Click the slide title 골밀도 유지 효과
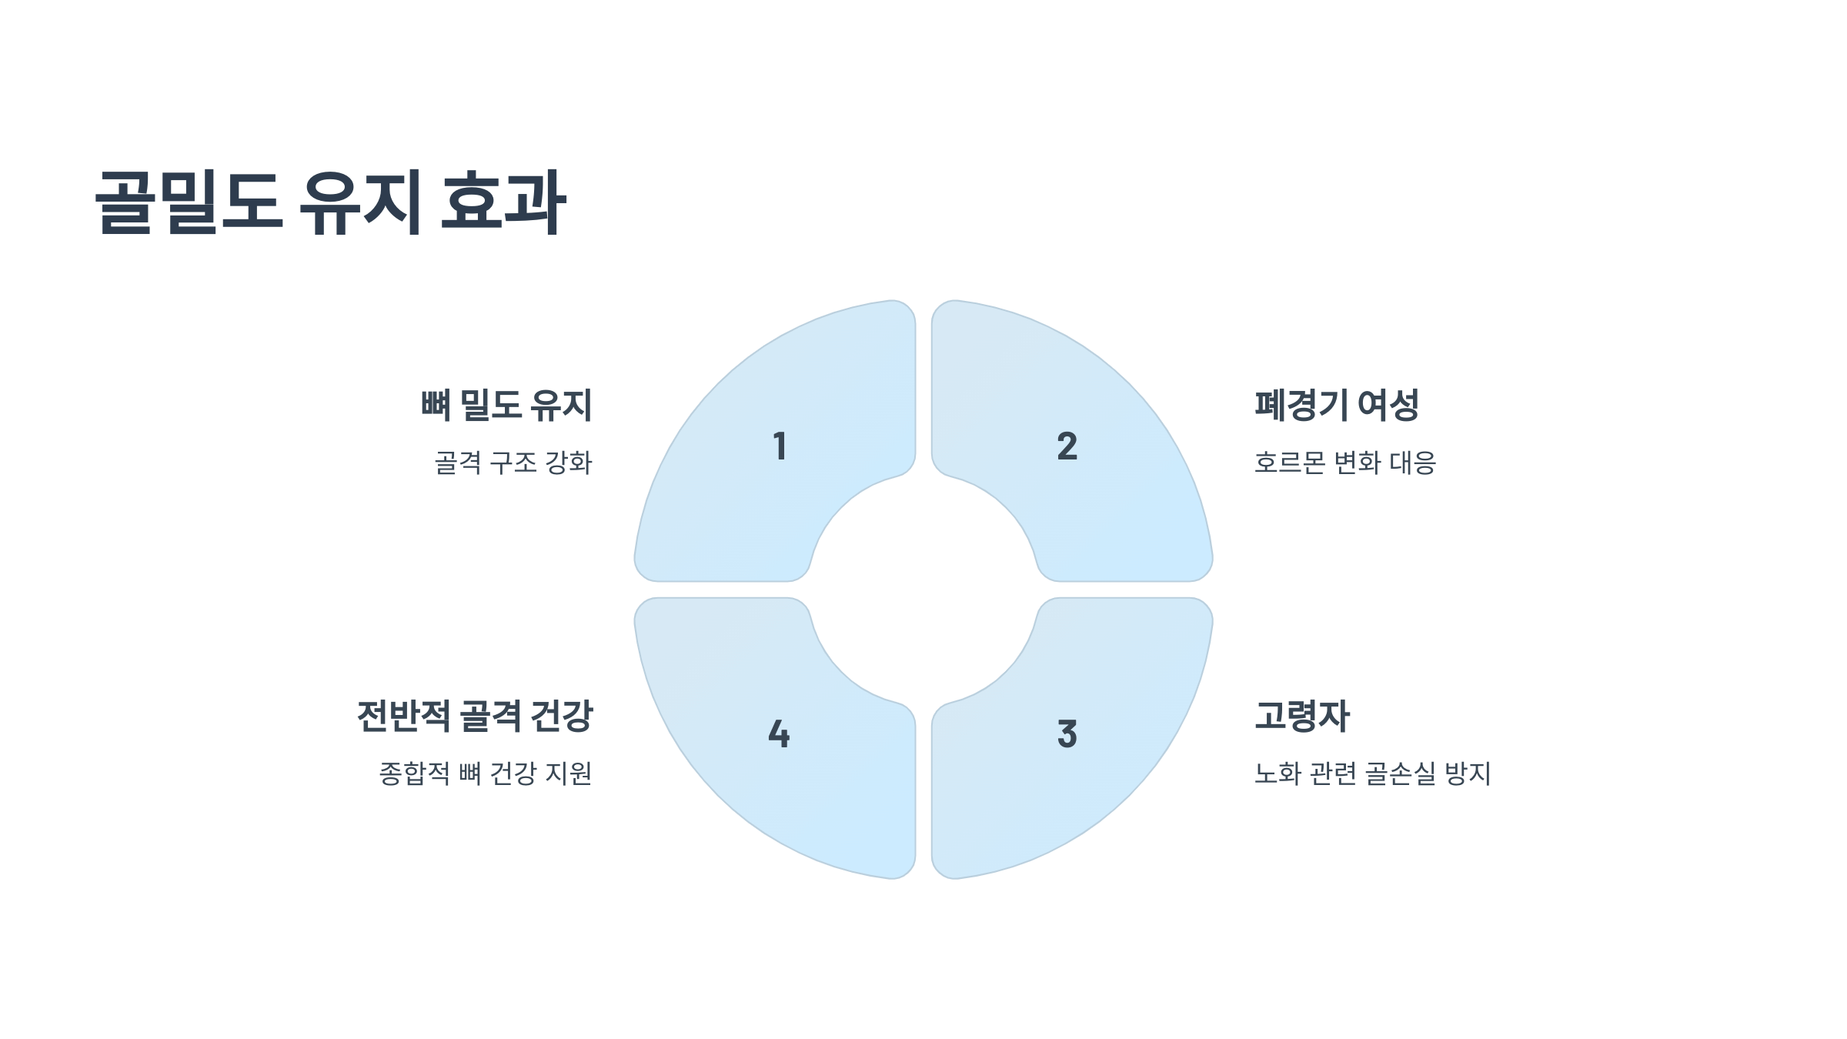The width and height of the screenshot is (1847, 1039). click(x=331, y=202)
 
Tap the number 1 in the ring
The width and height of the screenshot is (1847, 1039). click(x=780, y=446)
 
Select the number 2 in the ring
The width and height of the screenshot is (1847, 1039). click(x=1067, y=446)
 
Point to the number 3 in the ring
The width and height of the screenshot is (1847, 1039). click(x=1067, y=734)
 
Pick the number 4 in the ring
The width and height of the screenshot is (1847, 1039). click(x=779, y=734)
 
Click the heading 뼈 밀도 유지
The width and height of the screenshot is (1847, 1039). click(x=506, y=406)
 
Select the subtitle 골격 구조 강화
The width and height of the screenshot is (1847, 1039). click(x=513, y=463)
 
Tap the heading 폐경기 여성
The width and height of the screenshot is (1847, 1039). click(x=1337, y=406)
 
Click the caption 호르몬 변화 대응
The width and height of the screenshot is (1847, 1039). click(x=1345, y=463)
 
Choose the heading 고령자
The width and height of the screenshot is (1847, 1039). click(x=1302, y=716)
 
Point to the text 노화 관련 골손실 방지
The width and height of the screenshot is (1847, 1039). click(x=1373, y=773)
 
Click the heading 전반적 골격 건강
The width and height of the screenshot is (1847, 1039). click(x=475, y=716)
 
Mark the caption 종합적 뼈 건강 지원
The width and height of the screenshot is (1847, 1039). click(x=486, y=773)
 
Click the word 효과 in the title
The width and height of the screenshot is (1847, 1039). click(x=504, y=202)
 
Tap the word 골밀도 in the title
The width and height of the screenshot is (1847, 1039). click(x=189, y=202)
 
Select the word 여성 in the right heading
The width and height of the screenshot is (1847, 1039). click(x=1388, y=406)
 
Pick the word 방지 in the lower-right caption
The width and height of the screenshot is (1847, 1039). click(x=1468, y=773)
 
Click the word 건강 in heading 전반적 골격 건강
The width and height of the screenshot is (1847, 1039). click(x=562, y=716)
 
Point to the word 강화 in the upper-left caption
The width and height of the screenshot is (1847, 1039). click(x=569, y=463)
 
